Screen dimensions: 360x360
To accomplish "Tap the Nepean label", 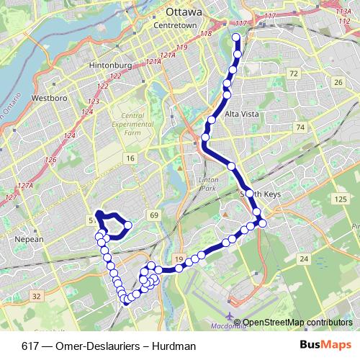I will point(29,239).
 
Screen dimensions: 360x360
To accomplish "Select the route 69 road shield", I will point(153,215).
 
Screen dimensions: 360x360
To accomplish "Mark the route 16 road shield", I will point(130,158).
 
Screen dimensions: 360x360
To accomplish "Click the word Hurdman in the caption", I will point(175,346).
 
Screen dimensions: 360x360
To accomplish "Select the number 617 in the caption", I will point(31,346).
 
